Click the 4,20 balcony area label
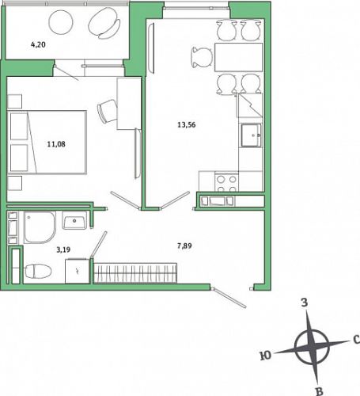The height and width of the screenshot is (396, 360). (38, 44)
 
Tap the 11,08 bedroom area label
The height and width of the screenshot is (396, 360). (56, 144)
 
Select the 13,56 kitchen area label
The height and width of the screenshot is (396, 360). (187, 124)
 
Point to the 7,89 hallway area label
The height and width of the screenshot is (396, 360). (184, 246)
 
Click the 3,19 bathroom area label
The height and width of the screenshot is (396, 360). (63, 249)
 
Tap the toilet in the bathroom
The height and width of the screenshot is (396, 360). (38, 271)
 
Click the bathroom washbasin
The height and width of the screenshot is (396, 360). (74, 220)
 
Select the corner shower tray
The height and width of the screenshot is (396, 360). (40, 227)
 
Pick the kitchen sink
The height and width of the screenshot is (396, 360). (251, 135)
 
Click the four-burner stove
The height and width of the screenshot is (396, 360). (226, 182)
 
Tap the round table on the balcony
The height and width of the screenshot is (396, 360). (61, 22)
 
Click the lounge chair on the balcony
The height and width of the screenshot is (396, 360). (104, 22)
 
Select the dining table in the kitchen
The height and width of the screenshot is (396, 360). (239, 57)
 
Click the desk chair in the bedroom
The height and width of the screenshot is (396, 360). (108, 111)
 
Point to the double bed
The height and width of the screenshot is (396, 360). (47, 142)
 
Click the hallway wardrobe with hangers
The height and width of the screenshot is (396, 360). (135, 273)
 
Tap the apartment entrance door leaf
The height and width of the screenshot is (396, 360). (229, 298)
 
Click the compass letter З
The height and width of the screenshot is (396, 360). (305, 303)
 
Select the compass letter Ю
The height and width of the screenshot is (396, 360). (265, 356)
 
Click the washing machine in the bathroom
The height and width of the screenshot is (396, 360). (78, 272)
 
